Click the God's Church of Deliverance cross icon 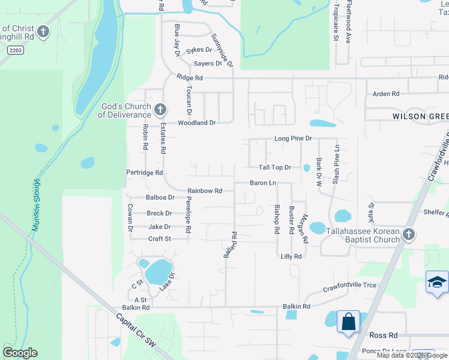pos(160,110)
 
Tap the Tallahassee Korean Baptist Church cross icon pos(409,235)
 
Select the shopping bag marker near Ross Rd pos(348,322)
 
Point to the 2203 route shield pos(16,51)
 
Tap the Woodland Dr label pos(196,122)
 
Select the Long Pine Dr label pos(294,139)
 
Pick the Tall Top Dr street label pos(275,167)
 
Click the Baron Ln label pos(263,182)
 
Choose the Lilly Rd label pos(291,256)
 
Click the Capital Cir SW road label pos(136,330)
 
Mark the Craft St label pos(160,239)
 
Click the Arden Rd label pos(386,94)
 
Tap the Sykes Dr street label pos(199,50)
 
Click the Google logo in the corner pos(20,353)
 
